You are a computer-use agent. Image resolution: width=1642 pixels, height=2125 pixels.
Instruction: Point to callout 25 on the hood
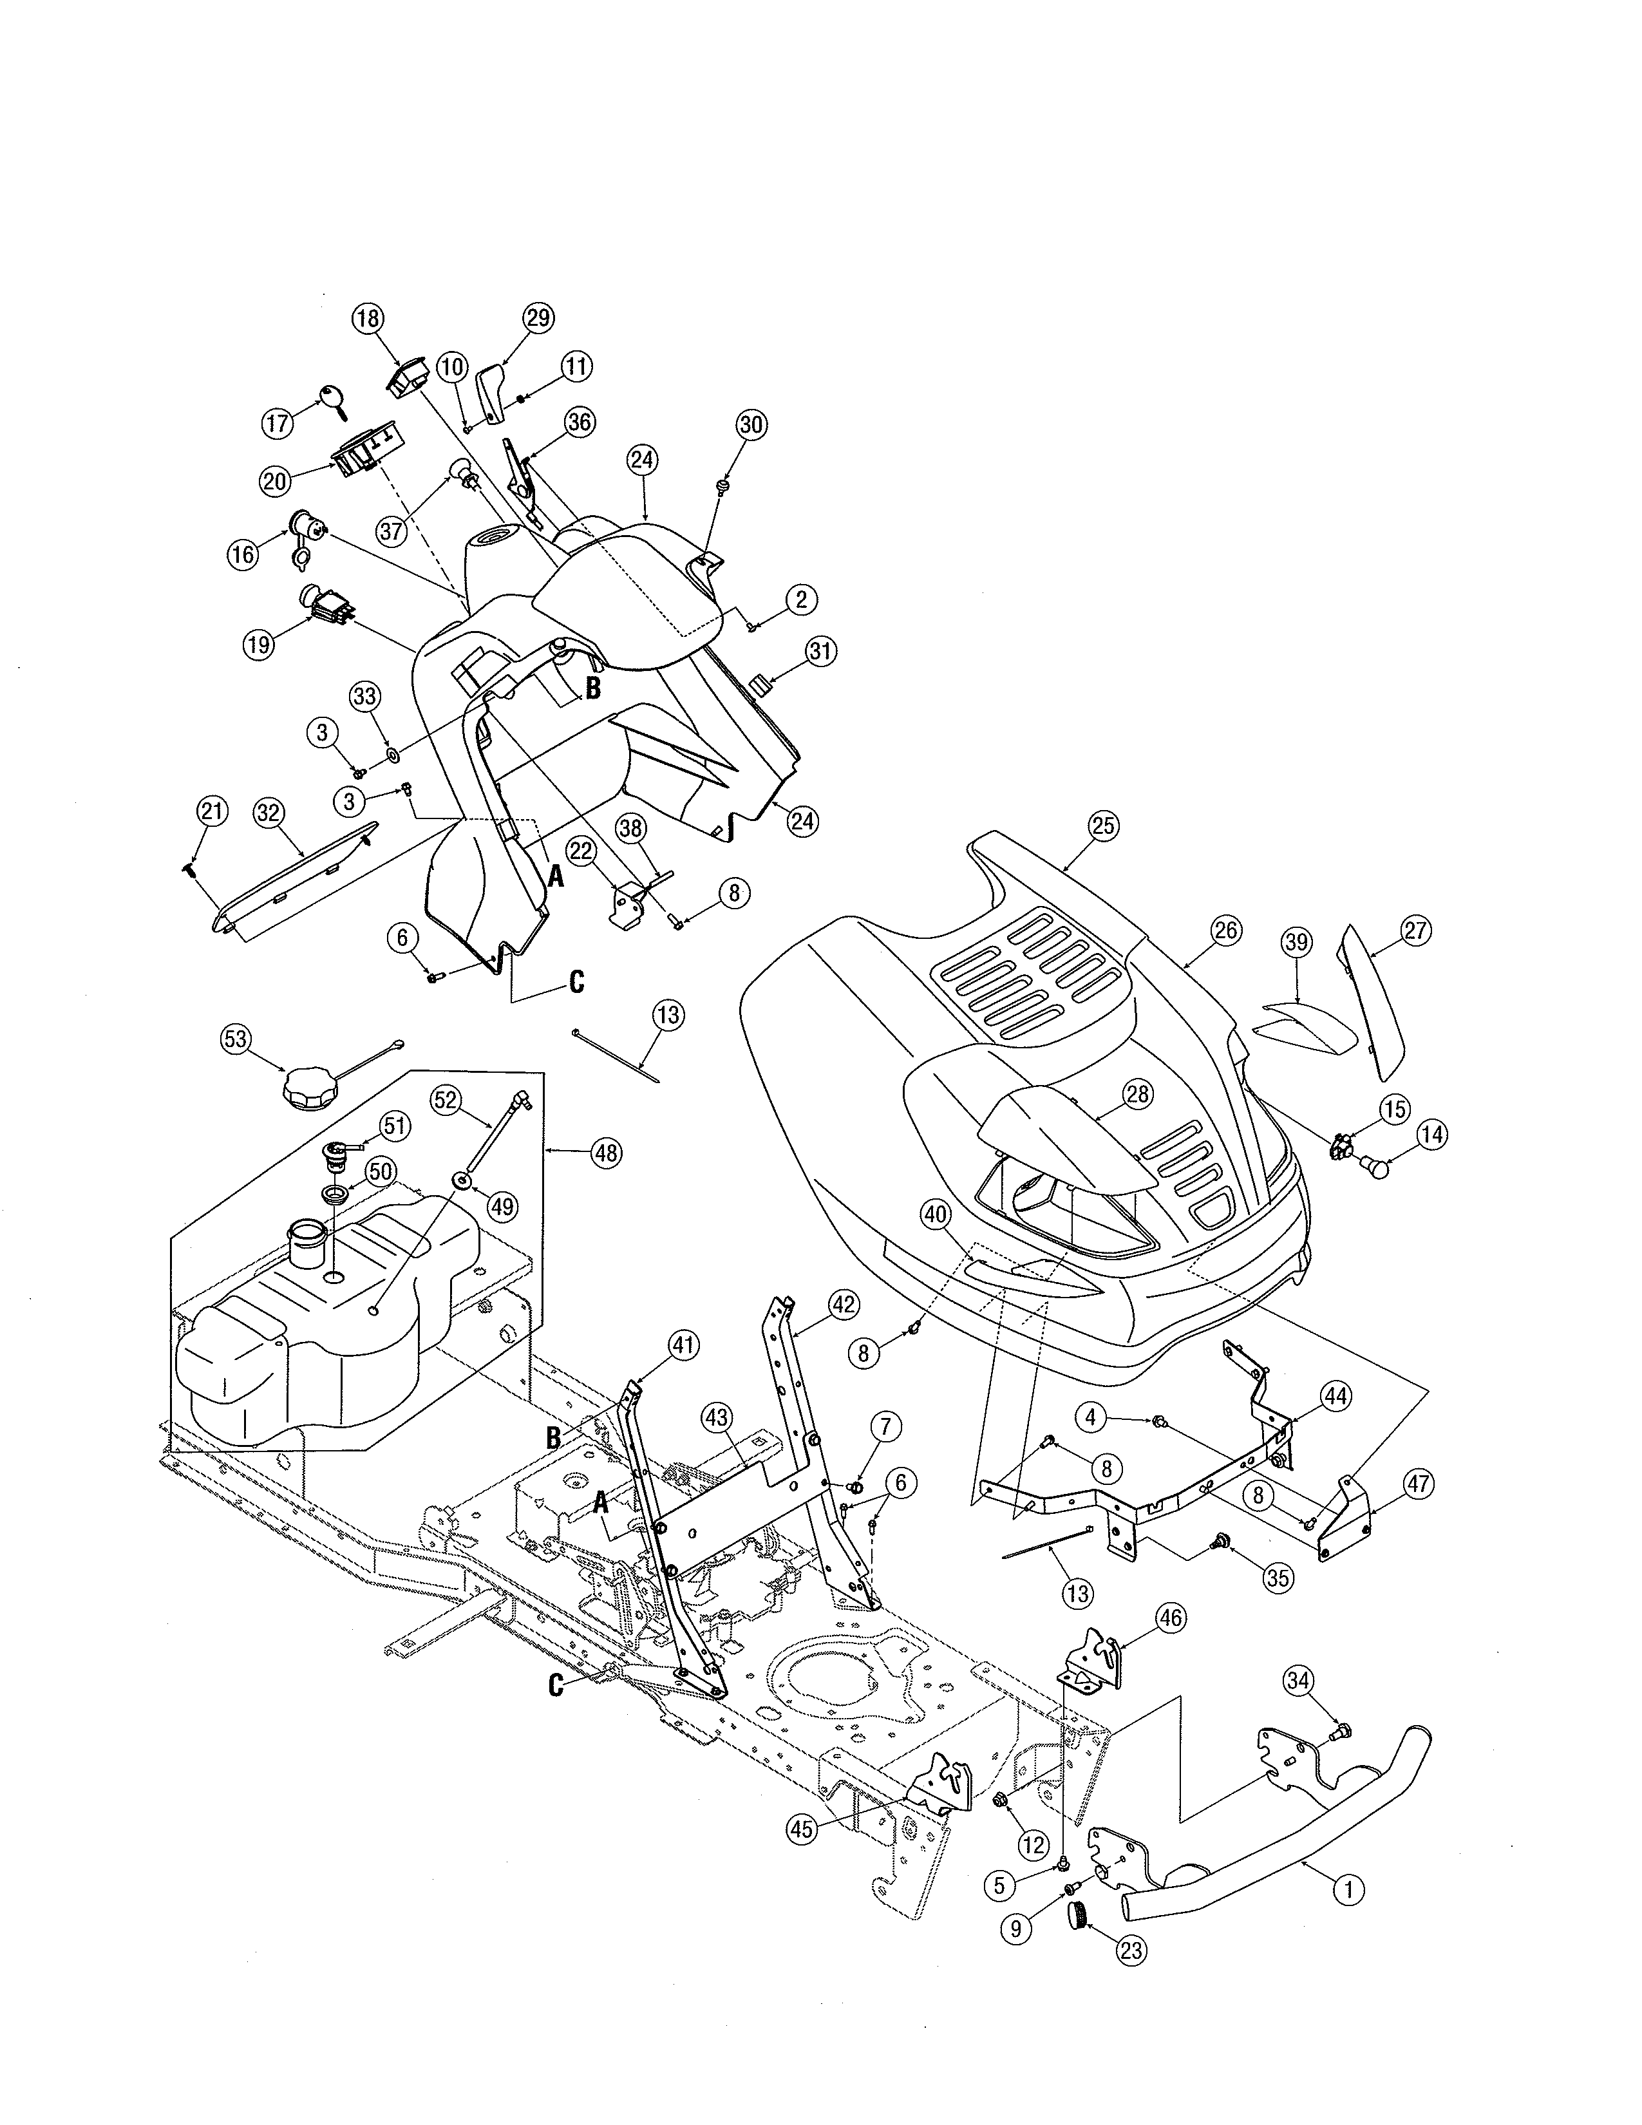coord(1102,826)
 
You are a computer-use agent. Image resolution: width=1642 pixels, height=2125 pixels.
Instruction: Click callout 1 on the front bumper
coord(1347,1891)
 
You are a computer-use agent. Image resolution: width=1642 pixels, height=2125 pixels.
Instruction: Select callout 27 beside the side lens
coord(1415,930)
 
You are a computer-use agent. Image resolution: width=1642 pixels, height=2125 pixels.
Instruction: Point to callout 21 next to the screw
coord(212,811)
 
